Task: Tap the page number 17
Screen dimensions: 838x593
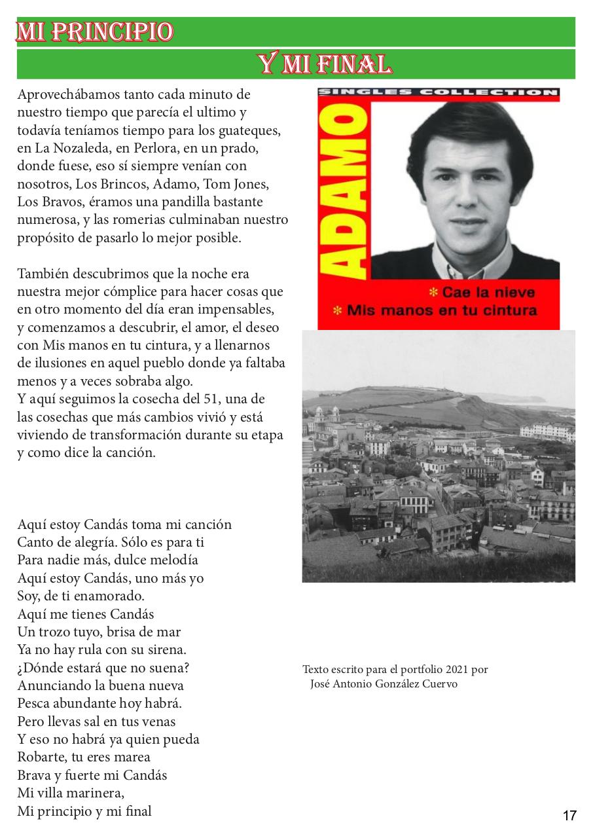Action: (x=569, y=815)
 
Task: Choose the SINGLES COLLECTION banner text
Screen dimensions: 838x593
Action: (x=439, y=92)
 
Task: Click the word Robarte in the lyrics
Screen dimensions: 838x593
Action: (x=39, y=757)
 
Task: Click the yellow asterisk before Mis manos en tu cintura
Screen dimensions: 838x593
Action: (x=337, y=310)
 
